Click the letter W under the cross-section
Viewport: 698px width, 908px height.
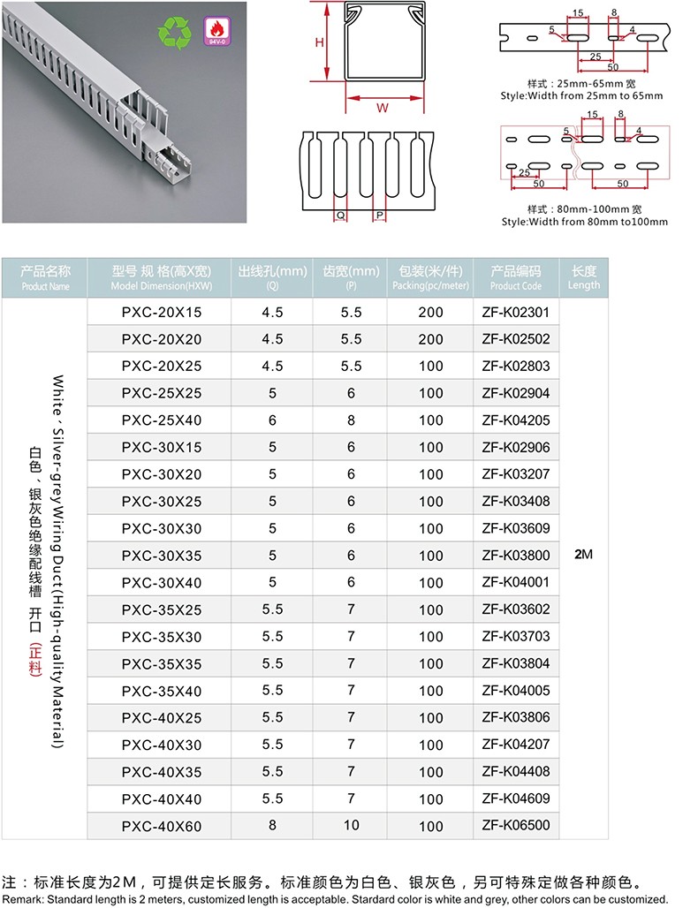click(382, 108)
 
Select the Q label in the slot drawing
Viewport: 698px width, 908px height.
click(341, 215)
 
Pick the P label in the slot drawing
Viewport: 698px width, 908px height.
click(379, 215)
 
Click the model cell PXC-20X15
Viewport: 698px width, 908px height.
click(162, 312)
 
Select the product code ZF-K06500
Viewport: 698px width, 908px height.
click(516, 826)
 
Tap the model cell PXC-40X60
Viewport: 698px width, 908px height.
click(162, 826)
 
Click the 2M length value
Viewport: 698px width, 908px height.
click(583, 555)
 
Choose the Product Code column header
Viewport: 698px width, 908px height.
click(516, 277)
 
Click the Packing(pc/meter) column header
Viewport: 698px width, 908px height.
click(431, 277)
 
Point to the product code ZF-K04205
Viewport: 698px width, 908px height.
click(516, 420)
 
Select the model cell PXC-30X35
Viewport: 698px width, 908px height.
click(162, 556)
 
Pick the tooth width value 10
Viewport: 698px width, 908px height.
click(352, 826)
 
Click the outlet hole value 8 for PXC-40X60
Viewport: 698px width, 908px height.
click(272, 826)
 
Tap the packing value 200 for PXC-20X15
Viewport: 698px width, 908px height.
click(431, 312)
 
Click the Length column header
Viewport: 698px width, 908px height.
click(584, 277)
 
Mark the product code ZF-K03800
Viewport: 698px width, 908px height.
click(516, 556)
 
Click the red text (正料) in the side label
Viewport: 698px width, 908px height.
click(36, 657)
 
